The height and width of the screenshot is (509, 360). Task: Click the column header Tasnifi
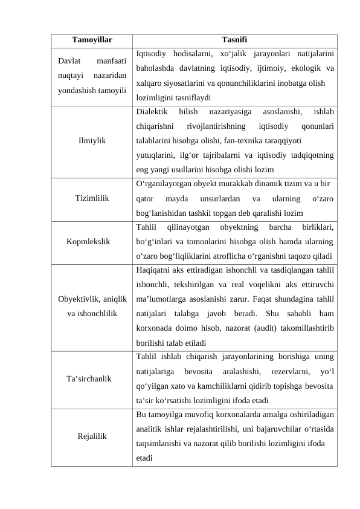coord(234,40)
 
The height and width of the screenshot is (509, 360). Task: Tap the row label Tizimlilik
coord(92,198)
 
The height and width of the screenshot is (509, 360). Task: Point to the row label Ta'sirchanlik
coord(89,378)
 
